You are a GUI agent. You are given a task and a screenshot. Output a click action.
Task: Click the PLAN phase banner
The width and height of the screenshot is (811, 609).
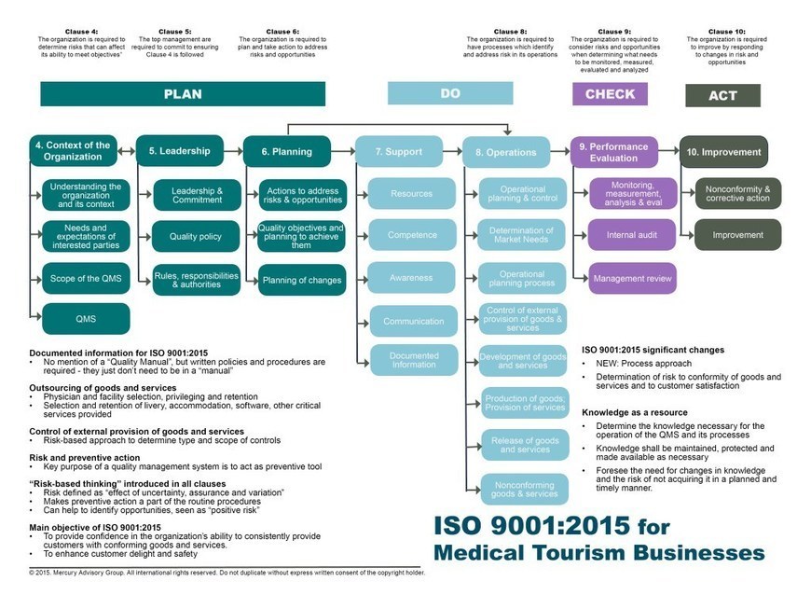tap(183, 94)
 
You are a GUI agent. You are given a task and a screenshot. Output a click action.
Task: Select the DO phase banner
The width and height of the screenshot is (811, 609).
tap(450, 93)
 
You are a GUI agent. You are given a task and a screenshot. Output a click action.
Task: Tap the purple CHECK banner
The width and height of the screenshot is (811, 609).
tap(610, 94)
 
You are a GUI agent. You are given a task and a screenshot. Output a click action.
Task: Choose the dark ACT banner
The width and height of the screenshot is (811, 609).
tap(722, 95)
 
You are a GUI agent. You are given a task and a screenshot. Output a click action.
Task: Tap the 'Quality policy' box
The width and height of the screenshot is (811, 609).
tap(196, 237)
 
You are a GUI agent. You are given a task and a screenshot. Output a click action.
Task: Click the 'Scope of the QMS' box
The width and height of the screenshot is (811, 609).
tap(86, 279)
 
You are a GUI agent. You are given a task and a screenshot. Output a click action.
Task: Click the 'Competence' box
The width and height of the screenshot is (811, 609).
tap(411, 235)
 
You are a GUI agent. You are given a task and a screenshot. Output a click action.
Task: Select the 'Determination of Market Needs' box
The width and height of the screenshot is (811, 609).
tap(522, 236)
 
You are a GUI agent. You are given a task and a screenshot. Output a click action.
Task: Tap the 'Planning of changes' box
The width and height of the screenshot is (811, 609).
tap(301, 280)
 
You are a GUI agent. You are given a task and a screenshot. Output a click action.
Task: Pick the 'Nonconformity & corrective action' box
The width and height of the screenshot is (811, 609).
tap(737, 193)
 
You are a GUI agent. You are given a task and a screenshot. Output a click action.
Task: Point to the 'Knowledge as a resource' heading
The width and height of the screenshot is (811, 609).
tap(635, 412)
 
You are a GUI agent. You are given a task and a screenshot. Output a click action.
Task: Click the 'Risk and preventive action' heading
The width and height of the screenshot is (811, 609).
tap(85, 458)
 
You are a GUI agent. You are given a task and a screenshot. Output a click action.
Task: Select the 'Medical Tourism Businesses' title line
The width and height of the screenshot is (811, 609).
tap(599, 552)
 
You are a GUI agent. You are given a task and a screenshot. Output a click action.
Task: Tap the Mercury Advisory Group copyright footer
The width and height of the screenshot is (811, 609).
tap(227, 572)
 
